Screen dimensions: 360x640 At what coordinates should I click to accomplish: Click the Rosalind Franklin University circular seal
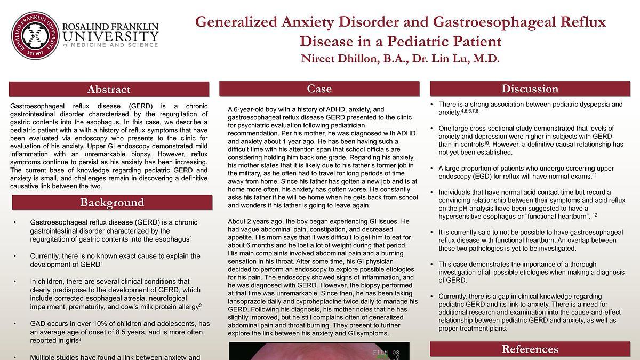pyautogui.click(x=35, y=36)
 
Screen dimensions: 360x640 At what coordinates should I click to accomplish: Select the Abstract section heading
pyautogui.click(x=109, y=90)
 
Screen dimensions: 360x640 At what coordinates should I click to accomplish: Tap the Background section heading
pyautogui.click(x=112, y=203)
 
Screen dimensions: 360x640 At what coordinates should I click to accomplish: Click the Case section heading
pyautogui.click(x=319, y=89)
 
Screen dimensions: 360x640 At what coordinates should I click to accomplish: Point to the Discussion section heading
pyautogui.click(x=530, y=89)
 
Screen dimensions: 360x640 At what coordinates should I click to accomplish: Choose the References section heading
pyautogui.click(x=530, y=349)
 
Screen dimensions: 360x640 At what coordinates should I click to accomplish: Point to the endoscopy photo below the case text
pyautogui.click(x=319, y=351)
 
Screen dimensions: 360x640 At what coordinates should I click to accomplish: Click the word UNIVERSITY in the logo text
pyautogui.click(x=110, y=36)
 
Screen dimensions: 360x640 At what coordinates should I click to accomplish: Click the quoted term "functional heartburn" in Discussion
pyautogui.click(x=551, y=216)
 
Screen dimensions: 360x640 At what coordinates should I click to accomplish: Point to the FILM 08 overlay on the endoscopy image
pyautogui.click(x=386, y=353)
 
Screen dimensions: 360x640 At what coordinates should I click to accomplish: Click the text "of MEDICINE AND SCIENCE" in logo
pyautogui.click(x=110, y=45)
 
